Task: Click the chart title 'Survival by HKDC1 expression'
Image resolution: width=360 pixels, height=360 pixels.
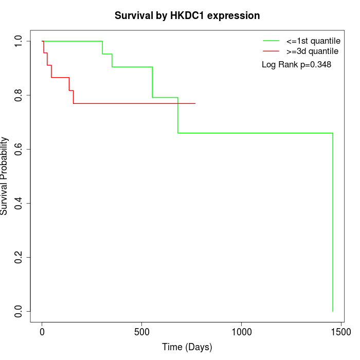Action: (187, 15)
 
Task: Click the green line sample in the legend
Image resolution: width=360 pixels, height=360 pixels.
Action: (271, 41)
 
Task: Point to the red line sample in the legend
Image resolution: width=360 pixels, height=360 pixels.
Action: (271, 51)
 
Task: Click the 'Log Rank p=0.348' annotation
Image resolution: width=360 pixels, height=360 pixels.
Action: (296, 65)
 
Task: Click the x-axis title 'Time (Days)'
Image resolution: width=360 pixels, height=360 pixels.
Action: (187, 347)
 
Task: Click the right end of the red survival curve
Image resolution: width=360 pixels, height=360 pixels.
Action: (195, 103)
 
